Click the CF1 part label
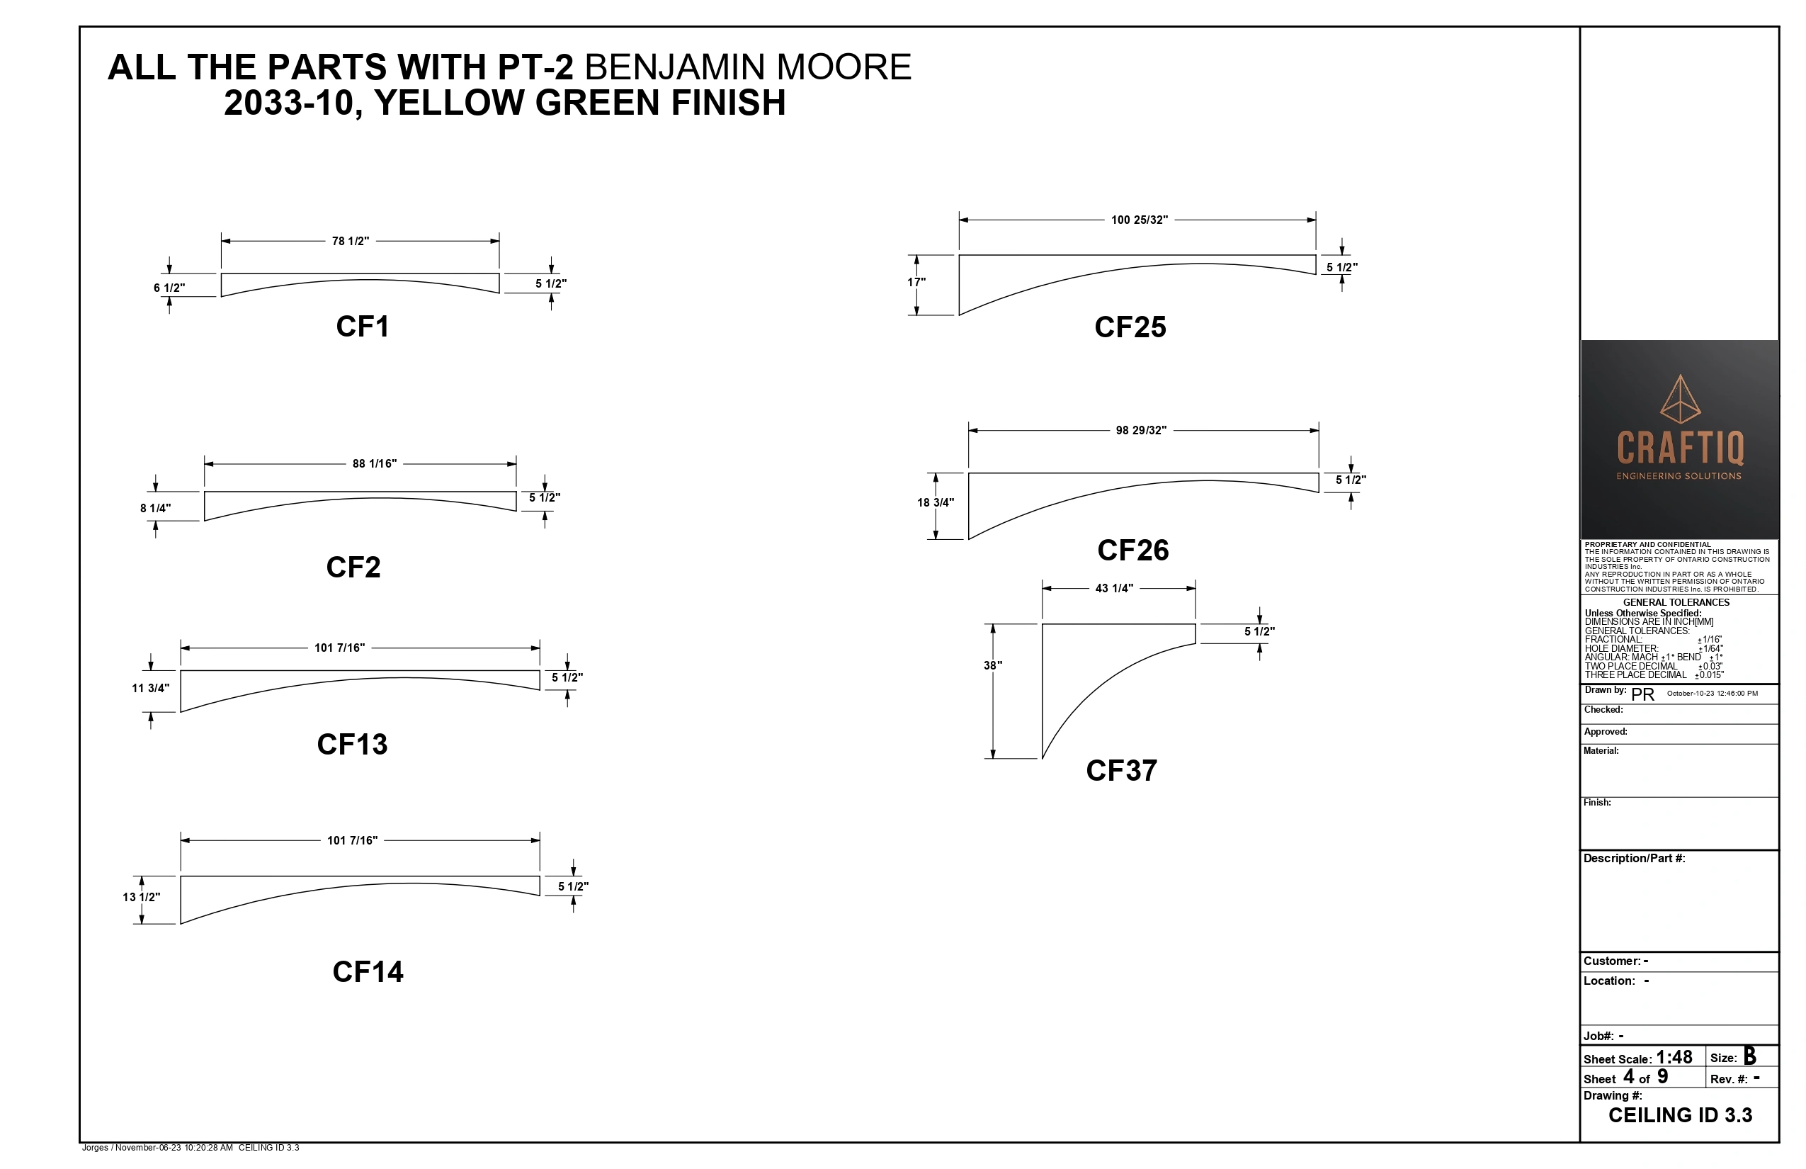coord(363,327)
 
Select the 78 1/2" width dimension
coord(351,242)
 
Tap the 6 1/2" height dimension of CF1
coord(169,288)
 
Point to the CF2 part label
coord(353,567)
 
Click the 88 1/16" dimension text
coord(375,464)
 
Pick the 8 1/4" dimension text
coord(156,509)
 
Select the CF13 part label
coord(352,744)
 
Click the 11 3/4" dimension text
coord(150,689)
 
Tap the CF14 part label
coord(368,971)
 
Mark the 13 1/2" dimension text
coord(141,897)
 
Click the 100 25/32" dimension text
coord(1140,220)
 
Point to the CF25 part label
coord(1130,327)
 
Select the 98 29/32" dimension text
coord(1141,431)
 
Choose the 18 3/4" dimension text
coord(936,502)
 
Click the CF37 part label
coord(1122,771)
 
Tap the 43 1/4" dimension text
coord(1115,588)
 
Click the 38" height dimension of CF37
coord(993,666)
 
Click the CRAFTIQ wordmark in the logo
coord(1680,448)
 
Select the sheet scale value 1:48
coord(1674,1057)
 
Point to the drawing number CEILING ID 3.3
coord(1680,1115)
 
